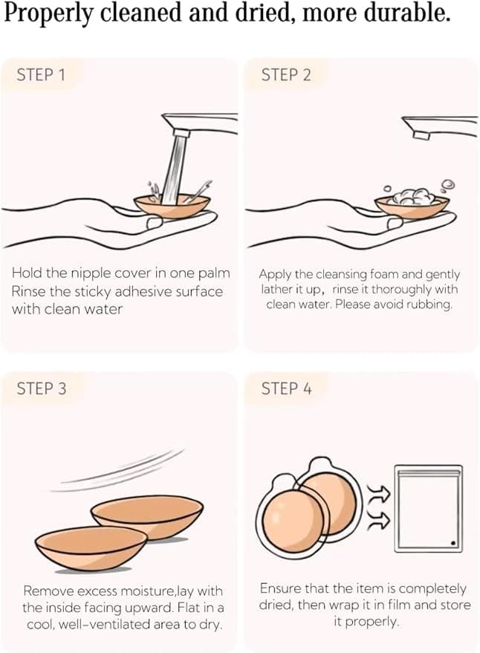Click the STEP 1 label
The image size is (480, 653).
[41, 75]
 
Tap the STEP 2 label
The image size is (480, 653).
[286, 75]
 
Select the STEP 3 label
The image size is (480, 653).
[42, 388]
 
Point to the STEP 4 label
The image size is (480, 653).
[286, 388]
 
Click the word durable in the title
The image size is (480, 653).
[407, 13]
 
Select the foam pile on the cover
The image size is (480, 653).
[412, 197]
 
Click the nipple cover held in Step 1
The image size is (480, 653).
[172, 207]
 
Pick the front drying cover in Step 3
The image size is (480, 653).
[91, 548]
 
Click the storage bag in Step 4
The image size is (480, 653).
[428, 508]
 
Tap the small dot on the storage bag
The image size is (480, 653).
[453, 542]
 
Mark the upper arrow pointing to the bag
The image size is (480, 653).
[378, 493]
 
